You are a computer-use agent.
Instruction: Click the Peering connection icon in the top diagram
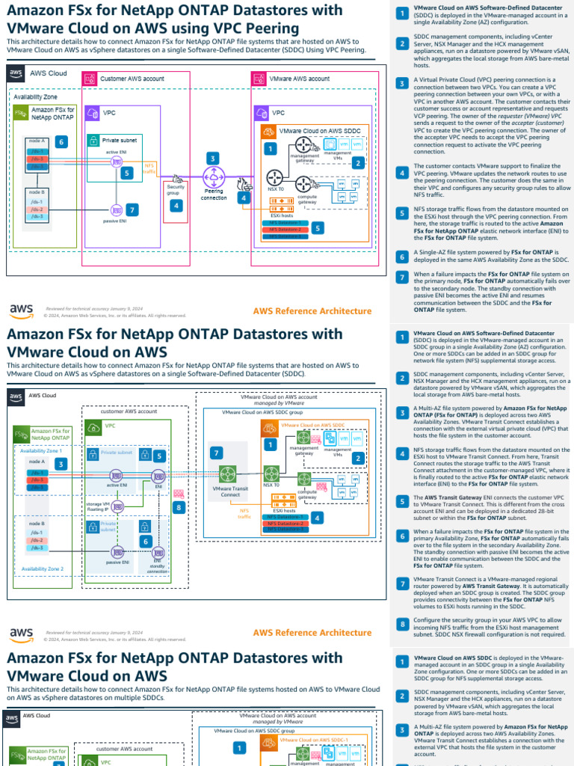pyautogui.click(x=215, y=177)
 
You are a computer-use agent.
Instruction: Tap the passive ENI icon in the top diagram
pyautogui.click(x=117, y=209)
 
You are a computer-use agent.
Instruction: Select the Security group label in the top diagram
pyautogui.click(x=176, y=189)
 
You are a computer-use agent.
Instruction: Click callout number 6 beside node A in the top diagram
pyautogui.click(x=62, y=141)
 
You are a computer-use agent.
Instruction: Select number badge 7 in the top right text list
pyautogui.click(x=401, y=277)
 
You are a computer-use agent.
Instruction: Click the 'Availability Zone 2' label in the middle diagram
pyautogui.click(x=42, y=569)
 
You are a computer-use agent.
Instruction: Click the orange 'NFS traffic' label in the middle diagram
pyautogui.click(x=244, y=512)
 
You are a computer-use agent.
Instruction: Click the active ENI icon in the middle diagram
pyautogui.click(x=117, y=474)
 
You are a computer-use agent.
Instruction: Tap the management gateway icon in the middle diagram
pyautogui.click(x=303, y=438)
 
